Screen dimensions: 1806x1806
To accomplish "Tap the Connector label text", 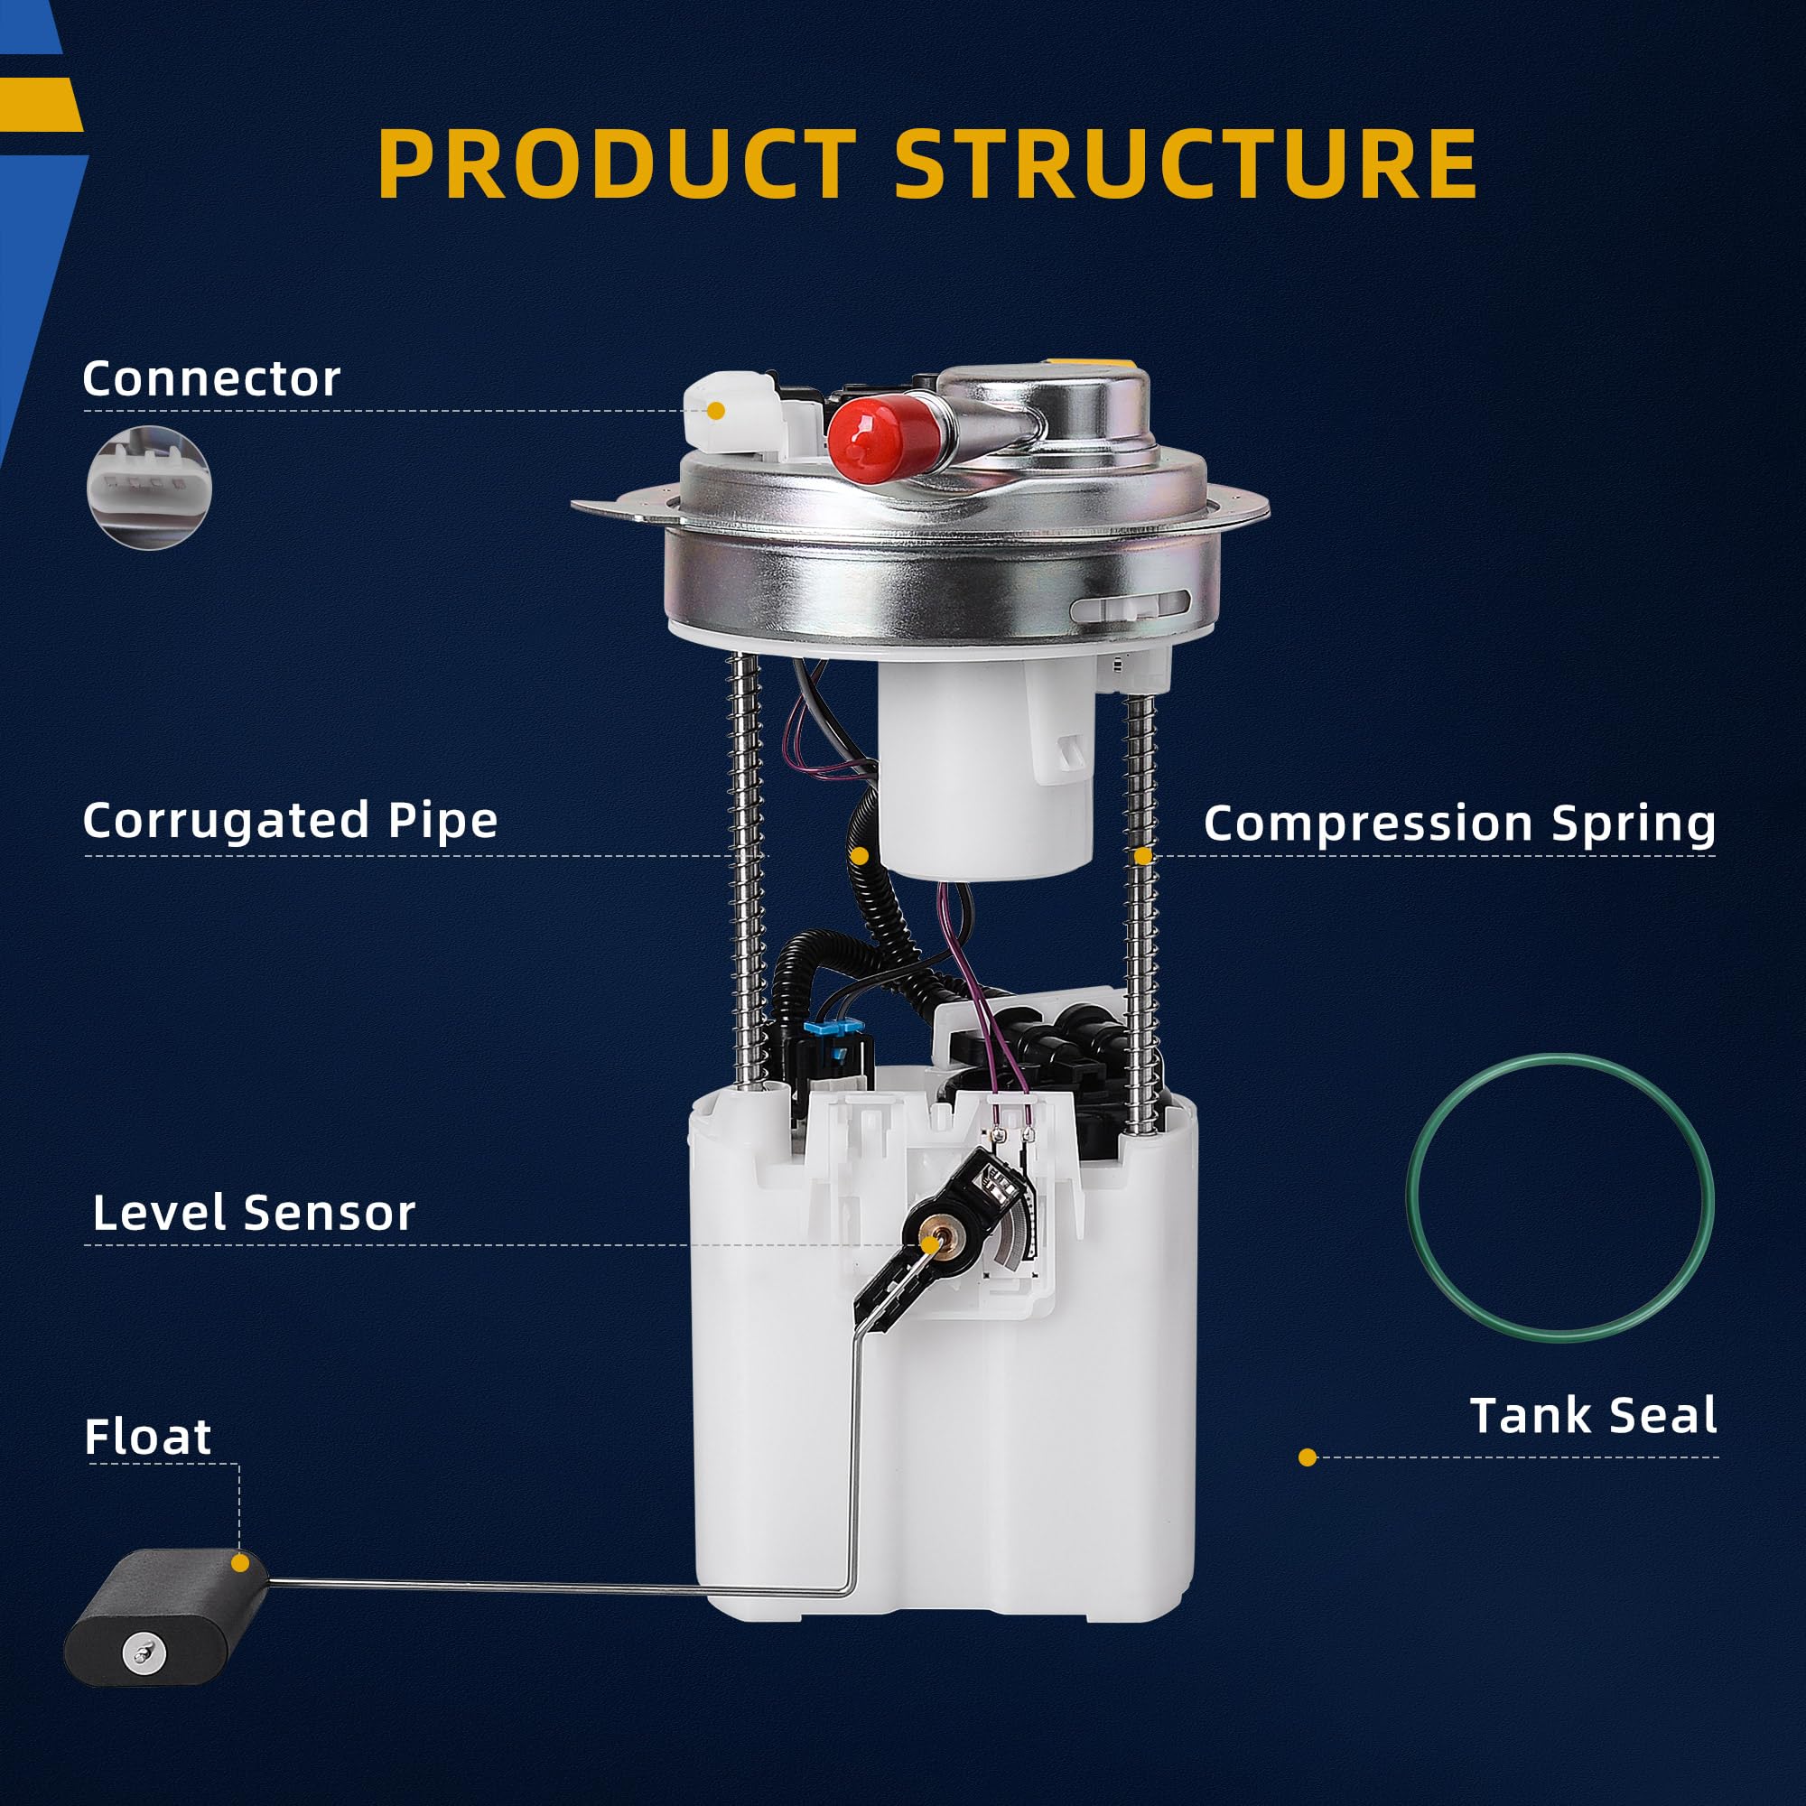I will [x=211, y=378].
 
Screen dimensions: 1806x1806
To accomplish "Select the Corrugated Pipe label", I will [x=290, y=821].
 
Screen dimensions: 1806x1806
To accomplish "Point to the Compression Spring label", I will [x=1459, y=824].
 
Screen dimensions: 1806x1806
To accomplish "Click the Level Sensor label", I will [x=254, y=1214].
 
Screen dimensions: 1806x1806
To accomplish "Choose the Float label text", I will [x=148, y=1437].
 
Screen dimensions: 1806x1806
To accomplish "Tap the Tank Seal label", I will [x=1593, y=1415].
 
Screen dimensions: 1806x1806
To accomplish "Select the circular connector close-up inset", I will [x=150, y=487].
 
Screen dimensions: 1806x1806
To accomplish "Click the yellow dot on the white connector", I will [x=716, y=410].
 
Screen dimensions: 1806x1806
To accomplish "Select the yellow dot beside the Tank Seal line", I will [x=1308, y=1457].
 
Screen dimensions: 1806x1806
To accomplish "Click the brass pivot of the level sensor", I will [x=931, y=1243].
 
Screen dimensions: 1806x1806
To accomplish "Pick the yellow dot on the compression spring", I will [x=1142, y=856].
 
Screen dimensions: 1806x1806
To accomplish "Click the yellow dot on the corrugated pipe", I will [x=860, y=856].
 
